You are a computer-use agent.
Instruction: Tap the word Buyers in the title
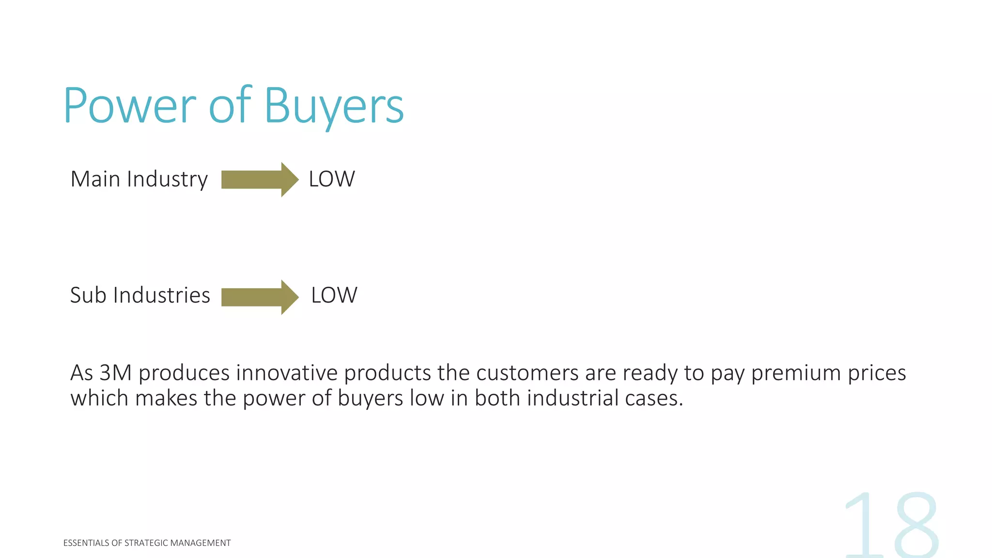(x=334, y=107)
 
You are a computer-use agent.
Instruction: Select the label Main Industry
(x=139, y=179)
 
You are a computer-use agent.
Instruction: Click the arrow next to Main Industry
(x=260, y=179)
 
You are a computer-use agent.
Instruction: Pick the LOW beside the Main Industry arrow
(x=332, y=179)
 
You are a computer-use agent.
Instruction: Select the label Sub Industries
(x=140, y=295)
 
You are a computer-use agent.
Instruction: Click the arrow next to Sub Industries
(x=260, y=297)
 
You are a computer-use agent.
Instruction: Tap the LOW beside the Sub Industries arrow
(x=334, y=295)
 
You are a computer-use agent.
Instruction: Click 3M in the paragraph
(x=115, y=373)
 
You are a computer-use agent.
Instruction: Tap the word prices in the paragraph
(x=877, y=373)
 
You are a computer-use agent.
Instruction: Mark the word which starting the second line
(x=99, y=399)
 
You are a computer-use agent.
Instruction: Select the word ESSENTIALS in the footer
(x=86, y=543)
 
